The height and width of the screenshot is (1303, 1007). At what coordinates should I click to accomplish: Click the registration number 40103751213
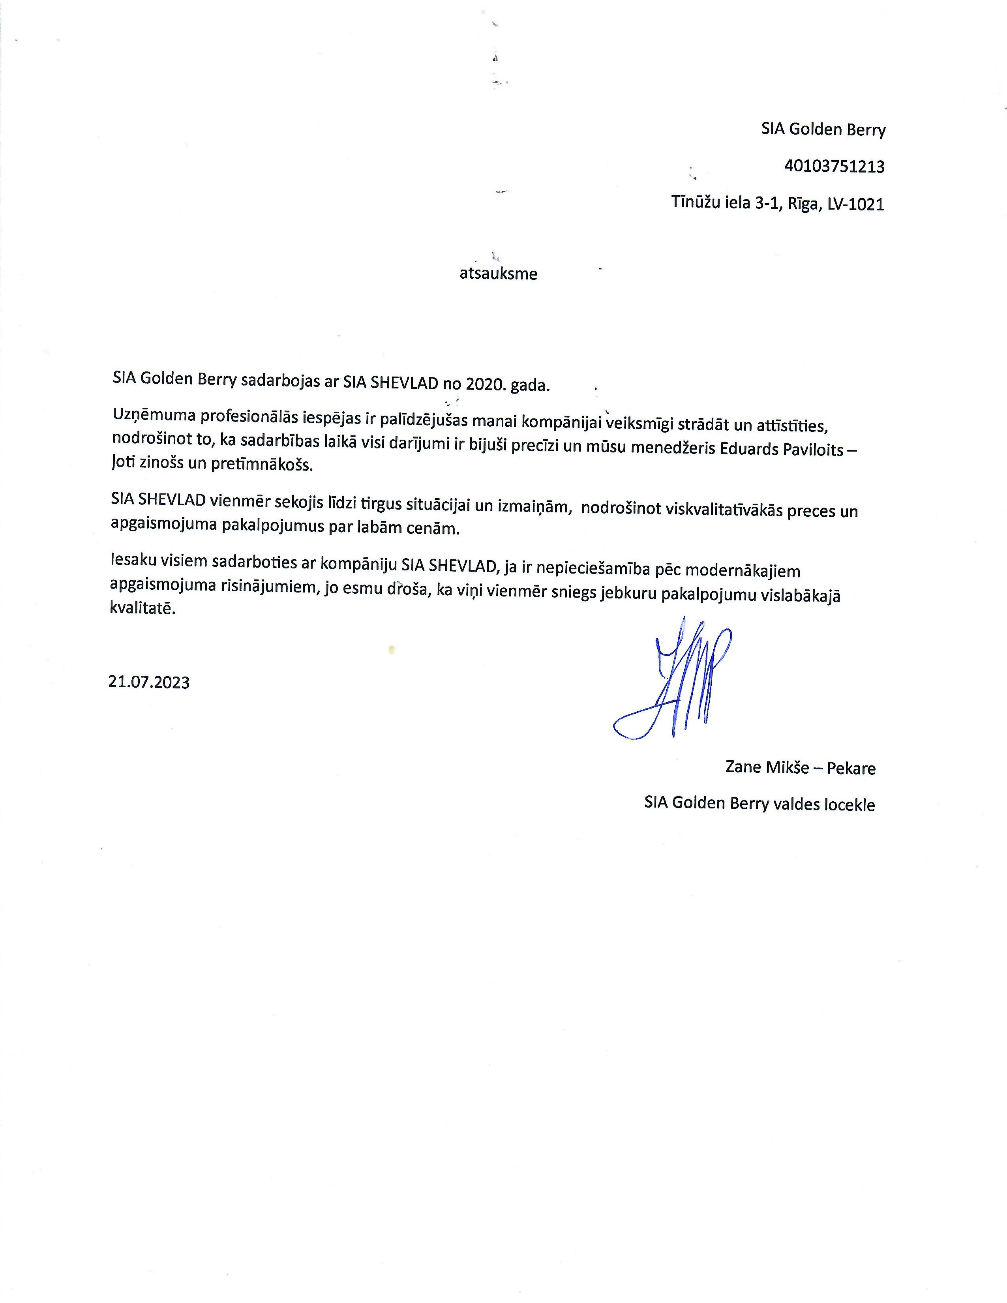pos(834,167)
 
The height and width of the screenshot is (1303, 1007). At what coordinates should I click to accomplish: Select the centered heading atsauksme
pos(498,274)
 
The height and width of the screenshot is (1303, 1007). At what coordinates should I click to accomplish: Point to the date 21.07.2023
pos(149,682)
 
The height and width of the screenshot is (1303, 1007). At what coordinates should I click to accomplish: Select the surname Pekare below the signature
pos(851,769)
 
